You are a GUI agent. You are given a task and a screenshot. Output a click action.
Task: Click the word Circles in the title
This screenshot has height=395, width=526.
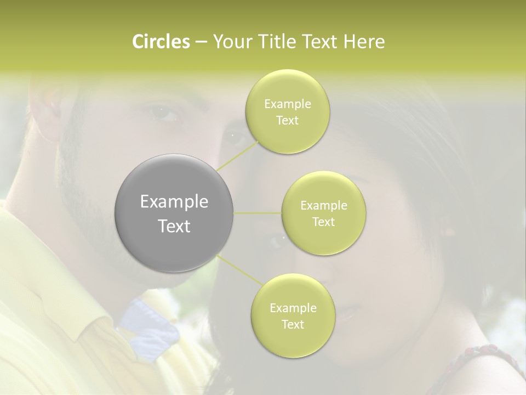(161, 42)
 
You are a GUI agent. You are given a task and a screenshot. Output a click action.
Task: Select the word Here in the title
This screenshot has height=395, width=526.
(364, 42)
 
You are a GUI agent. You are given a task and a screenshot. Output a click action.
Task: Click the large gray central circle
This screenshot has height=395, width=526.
(174, 213)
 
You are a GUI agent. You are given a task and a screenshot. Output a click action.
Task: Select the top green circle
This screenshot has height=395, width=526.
(288, 112)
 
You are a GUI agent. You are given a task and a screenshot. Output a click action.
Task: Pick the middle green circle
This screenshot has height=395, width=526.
(324, 213)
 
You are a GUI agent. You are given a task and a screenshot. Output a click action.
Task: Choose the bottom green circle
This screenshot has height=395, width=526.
(293, 316)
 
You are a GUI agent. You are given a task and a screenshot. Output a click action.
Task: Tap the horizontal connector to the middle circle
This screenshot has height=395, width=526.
(258, 213)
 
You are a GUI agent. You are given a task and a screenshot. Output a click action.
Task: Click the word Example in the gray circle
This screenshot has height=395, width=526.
(174, 202)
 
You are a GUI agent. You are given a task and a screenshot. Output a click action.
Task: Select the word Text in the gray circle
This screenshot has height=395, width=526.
(174, 226)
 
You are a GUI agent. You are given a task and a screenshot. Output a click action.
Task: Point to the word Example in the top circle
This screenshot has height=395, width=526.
(288, 104)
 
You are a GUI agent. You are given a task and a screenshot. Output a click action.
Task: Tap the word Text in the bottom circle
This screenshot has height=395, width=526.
(293, 324)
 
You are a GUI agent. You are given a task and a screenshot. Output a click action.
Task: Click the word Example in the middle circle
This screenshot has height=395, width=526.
(324, 206)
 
